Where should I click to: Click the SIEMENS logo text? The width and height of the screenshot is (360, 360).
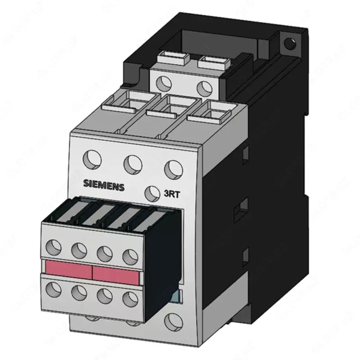(103, 185)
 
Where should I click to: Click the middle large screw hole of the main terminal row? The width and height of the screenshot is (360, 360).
(133, 163)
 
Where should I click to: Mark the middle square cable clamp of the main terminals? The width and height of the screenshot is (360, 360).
(170, 106)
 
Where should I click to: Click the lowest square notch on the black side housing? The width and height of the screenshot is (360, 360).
(245, 256)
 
